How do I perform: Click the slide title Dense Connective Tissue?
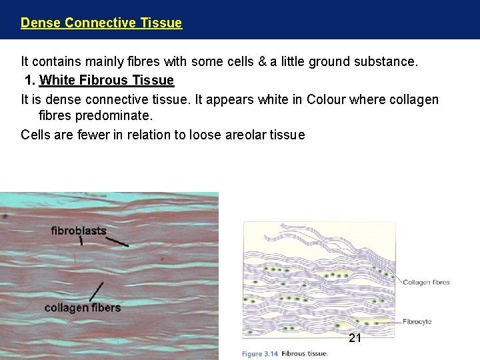[101, 23]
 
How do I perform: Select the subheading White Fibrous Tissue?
[107, 81]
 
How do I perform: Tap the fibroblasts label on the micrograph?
[79, 231]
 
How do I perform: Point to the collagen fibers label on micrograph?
[83, 307]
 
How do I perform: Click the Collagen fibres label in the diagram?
[426, 282]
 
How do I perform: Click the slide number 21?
[355, 338]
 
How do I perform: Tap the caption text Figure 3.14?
[260, 353]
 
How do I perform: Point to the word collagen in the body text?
[413, 99]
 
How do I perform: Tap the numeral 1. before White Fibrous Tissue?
[30, 81]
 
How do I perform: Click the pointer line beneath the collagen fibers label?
[96, 291]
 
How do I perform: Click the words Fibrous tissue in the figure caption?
[305, 353]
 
